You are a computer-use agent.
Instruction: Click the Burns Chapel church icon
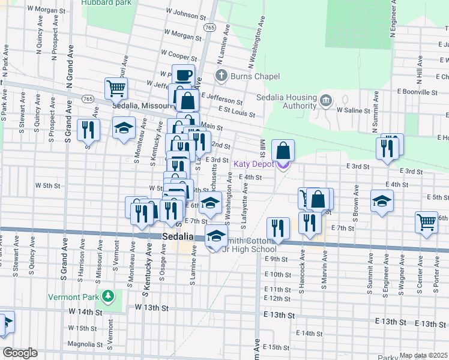[x=221, y=76]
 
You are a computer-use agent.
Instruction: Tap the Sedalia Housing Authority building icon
[x=326, y=99]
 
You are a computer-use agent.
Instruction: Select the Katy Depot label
[x=255, y=164]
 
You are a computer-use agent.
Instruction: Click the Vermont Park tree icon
[x=107, y=296]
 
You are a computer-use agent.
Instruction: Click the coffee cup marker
[x=184, y=76]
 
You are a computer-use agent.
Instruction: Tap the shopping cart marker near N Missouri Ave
[x=116, y=88]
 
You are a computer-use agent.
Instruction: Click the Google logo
[x=20, y=353]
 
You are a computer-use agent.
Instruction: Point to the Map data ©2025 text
[x=423, y=355]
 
